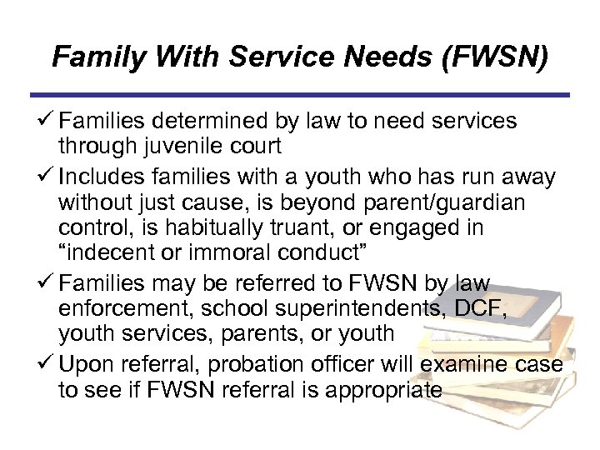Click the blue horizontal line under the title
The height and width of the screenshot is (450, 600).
tap(299, 95)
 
